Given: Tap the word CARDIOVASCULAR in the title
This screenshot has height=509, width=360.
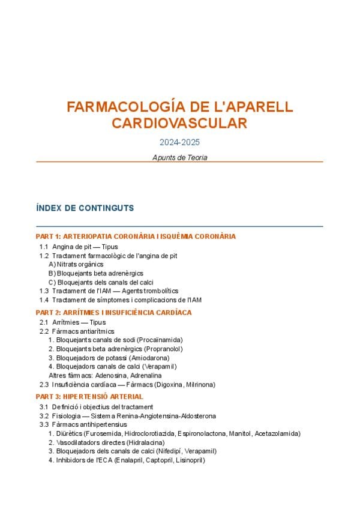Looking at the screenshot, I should tap(179, 124).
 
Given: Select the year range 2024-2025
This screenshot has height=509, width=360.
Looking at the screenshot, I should tap(179, 143).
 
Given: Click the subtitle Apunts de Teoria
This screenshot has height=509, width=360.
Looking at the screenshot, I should tap(179, 157).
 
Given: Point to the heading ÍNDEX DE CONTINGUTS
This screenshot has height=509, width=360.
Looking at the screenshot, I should tap(85, 208).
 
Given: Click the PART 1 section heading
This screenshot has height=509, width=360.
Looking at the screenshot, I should tap(136, 236).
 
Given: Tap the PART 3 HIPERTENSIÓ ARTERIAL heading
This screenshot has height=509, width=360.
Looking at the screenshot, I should tap(89, 397).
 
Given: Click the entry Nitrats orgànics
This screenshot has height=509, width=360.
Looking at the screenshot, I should tap(80, 264).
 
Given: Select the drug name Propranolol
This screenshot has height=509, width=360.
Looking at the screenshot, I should tap(163, 349).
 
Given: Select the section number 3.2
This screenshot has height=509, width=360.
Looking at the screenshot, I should tap(44, 415).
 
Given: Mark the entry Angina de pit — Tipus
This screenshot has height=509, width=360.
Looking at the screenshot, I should tap(85, 247).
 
